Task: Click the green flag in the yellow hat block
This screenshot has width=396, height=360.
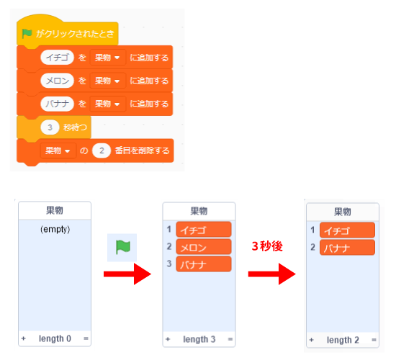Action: [x=27, y=34]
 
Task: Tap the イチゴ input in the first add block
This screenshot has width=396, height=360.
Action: [x=57, y=58]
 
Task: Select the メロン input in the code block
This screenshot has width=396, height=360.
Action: [x=57, y=81]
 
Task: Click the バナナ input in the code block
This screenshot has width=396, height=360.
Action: [x=57, y=104]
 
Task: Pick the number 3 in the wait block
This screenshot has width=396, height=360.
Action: [x=50, y=127]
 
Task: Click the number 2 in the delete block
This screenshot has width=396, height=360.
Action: [x=102, y=150]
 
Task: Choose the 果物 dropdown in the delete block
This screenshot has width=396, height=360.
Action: [x=58, y=150]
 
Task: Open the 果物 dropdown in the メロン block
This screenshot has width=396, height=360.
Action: [x=107, y=81]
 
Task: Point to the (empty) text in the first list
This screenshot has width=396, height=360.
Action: [x=55, y=229]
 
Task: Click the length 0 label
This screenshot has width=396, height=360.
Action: [x=55, y=338]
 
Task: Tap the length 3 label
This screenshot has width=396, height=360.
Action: [x=199, y=339]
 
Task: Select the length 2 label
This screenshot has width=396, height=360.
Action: [x=343, y=340]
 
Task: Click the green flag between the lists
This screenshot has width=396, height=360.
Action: [x=122, y=247]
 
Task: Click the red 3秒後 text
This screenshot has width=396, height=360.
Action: [x=267, y=246]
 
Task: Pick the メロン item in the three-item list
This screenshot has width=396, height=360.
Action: [x=204, y=247]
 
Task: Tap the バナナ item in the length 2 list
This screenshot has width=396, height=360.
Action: [x=347, y=248]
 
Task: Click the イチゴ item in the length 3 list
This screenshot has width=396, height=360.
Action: [x=204, y=230]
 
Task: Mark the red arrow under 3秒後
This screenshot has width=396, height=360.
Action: [x=272, y=274]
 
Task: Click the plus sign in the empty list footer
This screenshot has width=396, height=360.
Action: [x=24, y=338]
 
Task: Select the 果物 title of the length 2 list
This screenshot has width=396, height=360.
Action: [x=343, y=212]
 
